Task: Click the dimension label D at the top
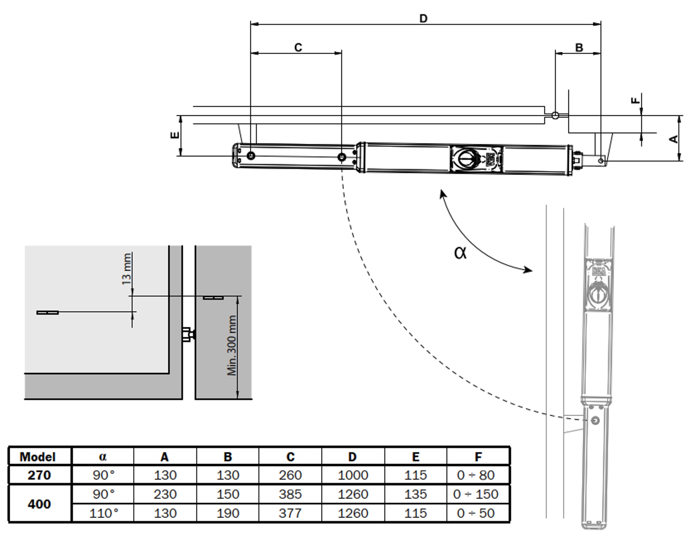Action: point(423,19)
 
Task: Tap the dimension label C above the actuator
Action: point(298,47)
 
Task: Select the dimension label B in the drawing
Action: point(579,47)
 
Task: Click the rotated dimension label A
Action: point(674,139)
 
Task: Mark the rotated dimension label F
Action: point(636,101)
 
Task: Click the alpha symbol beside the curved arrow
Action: point(460,253)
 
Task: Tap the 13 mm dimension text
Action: point(127,269)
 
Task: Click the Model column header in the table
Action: point(38,457)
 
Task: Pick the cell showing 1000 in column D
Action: point(353,475)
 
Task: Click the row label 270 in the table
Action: point(39,475)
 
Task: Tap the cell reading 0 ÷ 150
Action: point(476,494)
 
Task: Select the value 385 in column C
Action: point(290,494)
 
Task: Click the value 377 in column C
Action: point(290,513)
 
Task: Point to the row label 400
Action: point(39,504)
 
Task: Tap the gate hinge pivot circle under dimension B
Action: point(555,115)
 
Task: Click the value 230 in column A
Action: point(165,494)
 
